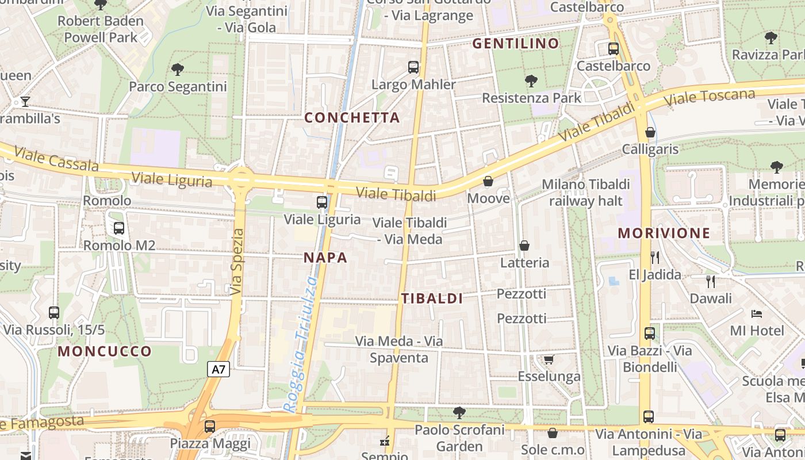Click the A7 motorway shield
point(218,369)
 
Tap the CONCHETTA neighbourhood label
point(352,118)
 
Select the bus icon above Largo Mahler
point(413,67)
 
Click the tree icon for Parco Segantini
point(178,70)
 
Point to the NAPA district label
point(325,258)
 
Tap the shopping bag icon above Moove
point(488,182)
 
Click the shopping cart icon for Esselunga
point(549,360)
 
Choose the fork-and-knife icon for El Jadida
point(654,257)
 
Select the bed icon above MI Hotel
point(757,314)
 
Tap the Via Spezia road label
point(237,262)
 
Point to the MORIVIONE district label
point(664,233)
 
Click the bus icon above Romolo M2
point(119,228)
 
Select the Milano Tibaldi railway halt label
point(586,193)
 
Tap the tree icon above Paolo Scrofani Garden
point(459,412)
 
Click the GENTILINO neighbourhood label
point(516,44)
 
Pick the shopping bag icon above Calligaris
point(650,133)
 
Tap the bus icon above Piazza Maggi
point(210,427)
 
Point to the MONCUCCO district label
point(105,351)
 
